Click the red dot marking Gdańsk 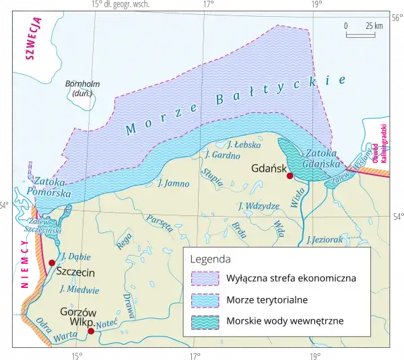tap(290, 176)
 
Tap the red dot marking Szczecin tap(52, 262)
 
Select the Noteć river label tap(108, 324)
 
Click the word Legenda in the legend tap(211, 258)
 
